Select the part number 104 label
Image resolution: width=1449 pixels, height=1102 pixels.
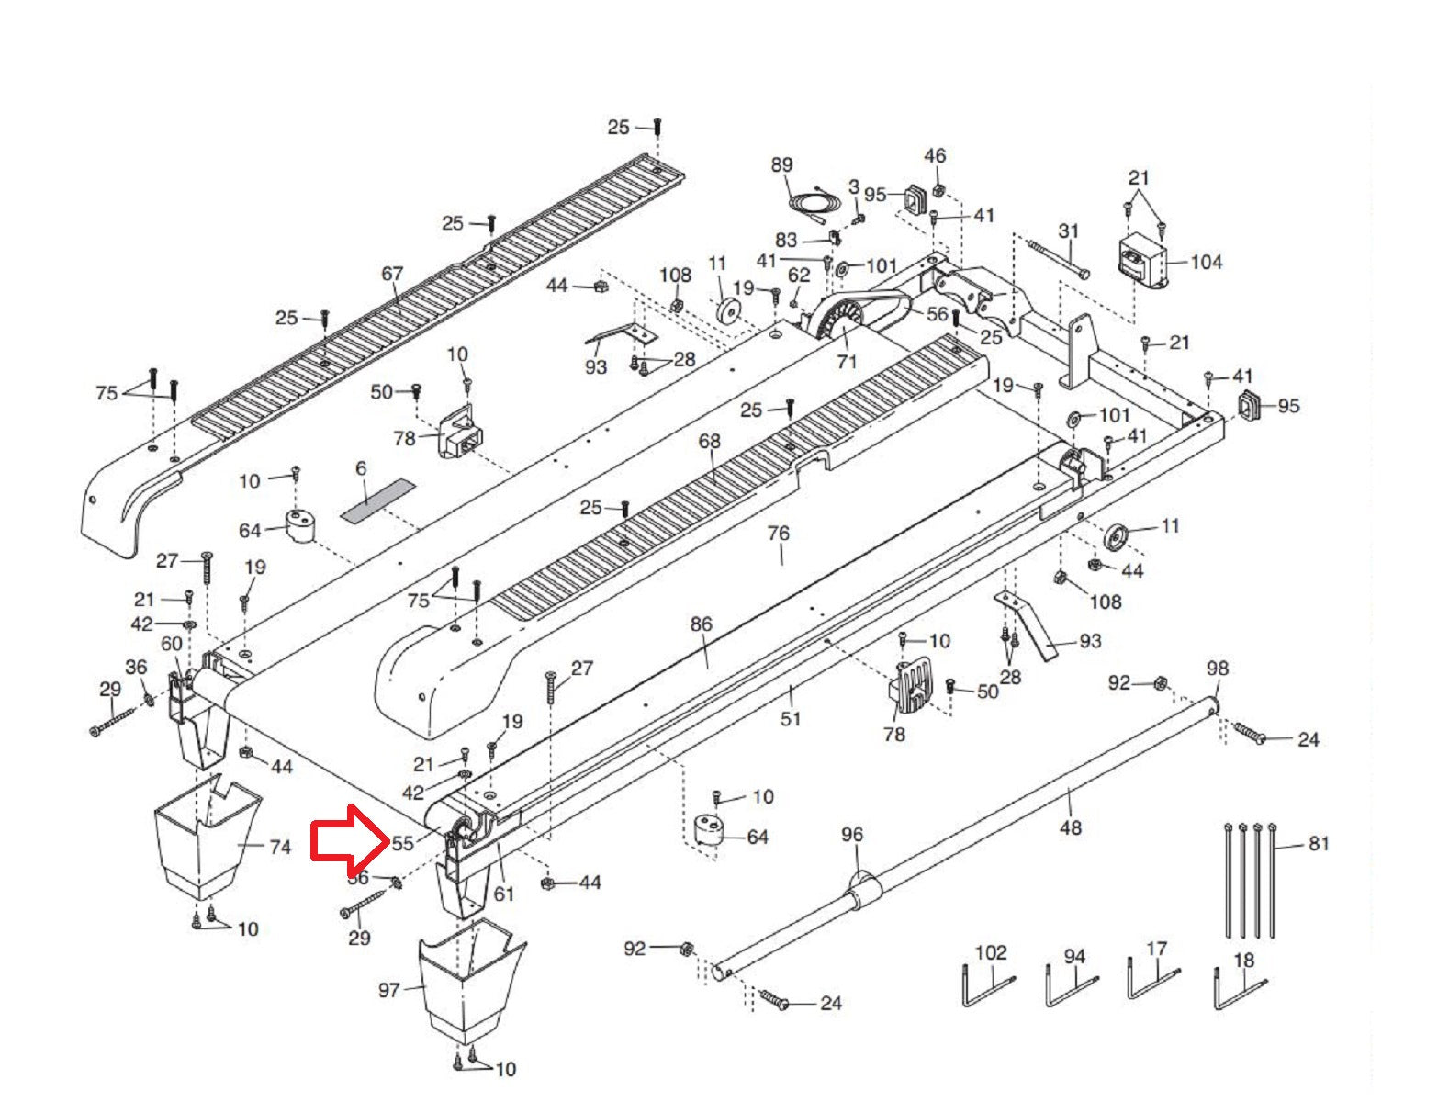(1206, 262)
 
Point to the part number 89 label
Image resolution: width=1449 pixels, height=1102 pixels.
(781, 165)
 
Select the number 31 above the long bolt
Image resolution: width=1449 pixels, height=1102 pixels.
(1068, 231)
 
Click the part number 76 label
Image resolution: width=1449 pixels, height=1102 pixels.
(778, 534)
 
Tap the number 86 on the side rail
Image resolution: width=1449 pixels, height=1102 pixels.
(701, 624)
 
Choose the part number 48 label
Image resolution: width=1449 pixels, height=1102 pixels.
(1071, 827)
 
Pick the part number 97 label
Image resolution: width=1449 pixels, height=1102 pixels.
(389, 990)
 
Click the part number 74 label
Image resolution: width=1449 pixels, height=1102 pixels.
(279, 847)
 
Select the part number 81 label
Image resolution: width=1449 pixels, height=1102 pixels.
(1319, 843)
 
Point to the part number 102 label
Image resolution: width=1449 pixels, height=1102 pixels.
(991, 953)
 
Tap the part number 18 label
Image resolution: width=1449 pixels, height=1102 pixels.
(1243, 961)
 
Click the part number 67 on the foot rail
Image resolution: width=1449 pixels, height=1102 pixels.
(392, 274)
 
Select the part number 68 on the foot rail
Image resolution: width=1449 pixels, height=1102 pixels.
(709, 442)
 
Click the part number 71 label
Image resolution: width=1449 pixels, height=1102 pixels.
(846, 361)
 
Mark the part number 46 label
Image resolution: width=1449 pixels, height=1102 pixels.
(935, 156)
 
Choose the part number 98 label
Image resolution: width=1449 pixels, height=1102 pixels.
(1217, 668)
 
